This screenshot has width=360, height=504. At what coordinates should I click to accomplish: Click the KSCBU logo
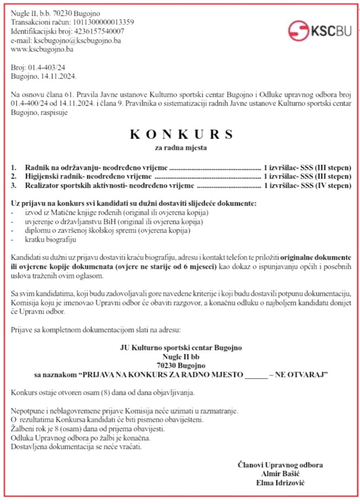[x=320, y=30]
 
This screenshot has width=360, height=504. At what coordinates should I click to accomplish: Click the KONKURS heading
[x=181, y=134]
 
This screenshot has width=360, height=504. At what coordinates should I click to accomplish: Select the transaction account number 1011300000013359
[x=103, y=22]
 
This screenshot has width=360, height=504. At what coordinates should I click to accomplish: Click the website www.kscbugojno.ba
[x=42, y=49]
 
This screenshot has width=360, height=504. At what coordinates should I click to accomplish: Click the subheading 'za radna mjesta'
[x=181, y=148]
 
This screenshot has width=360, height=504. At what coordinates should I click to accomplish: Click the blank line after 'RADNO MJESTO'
[x=256, y=375]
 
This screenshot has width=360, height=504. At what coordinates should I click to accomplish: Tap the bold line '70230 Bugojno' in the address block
[x=181, y=366]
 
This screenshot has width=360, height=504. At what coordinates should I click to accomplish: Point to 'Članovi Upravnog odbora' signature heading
[x=280, y=465]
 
